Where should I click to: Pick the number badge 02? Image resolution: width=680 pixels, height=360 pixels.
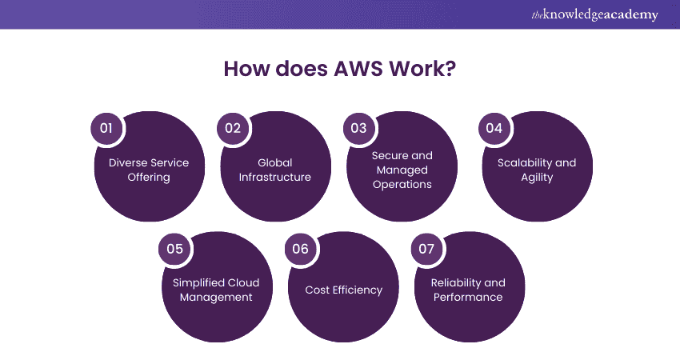coord(232,128)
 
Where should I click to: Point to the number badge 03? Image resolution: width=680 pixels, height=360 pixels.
coord(358,128)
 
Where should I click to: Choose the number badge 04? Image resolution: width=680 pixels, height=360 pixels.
coord(494,128)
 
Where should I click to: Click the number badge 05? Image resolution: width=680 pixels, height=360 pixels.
coord(174,249)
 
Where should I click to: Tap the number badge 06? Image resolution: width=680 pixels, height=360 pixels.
coord(300,249)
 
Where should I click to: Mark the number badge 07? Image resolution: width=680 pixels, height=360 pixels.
coord(426,249)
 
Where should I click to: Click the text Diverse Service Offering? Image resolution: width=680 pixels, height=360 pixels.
coord(149,170)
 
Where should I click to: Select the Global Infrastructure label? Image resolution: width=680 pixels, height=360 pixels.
coord(275,170)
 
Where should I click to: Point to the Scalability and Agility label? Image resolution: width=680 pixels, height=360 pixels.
coord(537,170)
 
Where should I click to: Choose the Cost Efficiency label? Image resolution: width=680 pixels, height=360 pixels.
coord(343,290)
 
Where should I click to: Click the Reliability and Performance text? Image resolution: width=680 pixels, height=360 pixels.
coord(468,290)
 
